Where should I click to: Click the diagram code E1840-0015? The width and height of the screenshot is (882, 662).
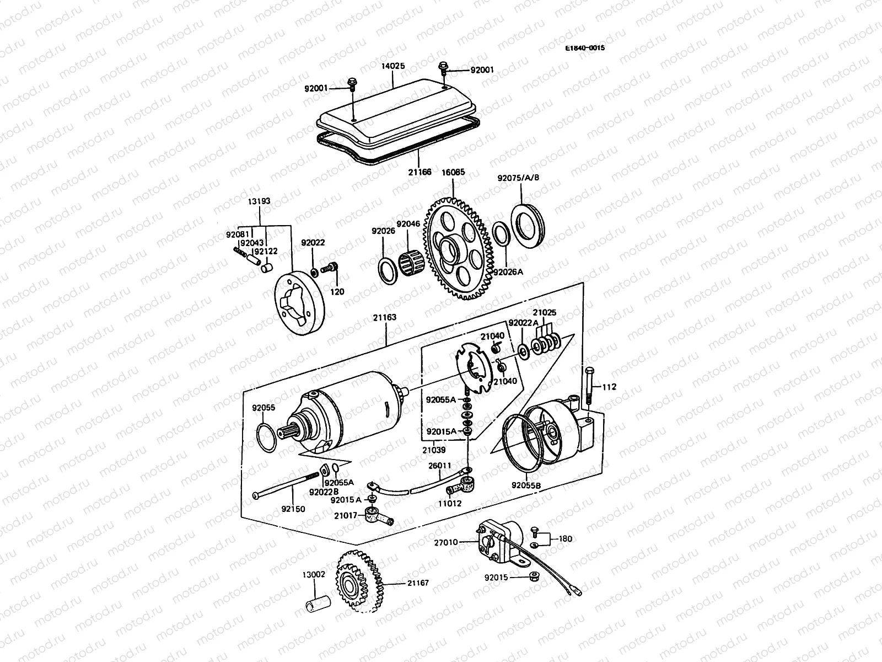(584, 48)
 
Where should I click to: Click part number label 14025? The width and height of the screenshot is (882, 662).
(393, 66)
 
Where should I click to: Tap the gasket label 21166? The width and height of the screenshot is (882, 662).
(421, 172)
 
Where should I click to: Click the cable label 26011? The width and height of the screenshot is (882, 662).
(440, 465)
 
